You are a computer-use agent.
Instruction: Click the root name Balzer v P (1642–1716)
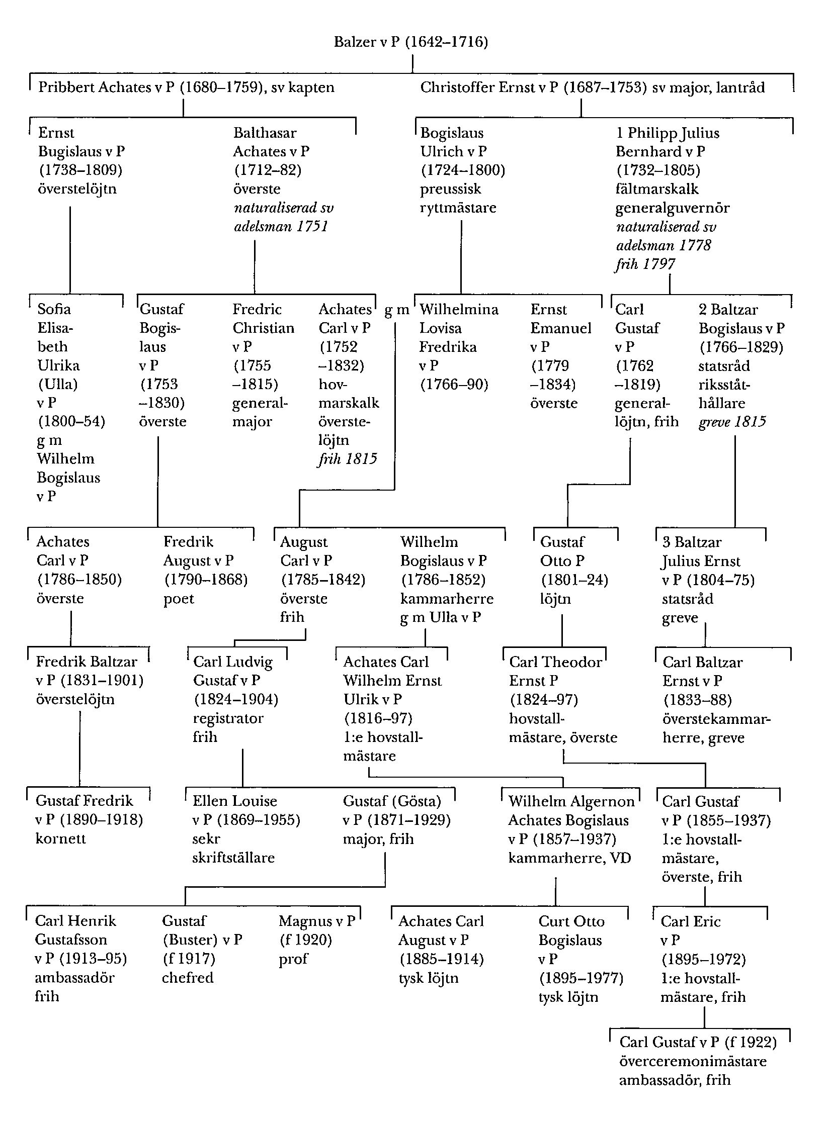(410, 42)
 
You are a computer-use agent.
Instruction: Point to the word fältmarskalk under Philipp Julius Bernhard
(657, 189)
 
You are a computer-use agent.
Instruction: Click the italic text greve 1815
(732, 421)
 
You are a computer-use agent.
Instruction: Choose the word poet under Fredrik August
(179, 599)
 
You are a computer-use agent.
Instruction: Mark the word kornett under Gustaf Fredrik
(60, 838)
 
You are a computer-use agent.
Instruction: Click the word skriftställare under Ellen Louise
(233, 858)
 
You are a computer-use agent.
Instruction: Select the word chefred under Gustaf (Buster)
(188, 978)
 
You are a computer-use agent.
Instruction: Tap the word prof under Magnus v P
(293, 959)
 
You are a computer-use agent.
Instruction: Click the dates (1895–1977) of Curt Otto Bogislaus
(581, 978)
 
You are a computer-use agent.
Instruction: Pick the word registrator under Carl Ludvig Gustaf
(228, 718)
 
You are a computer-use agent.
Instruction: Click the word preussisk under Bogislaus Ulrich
(451, 189)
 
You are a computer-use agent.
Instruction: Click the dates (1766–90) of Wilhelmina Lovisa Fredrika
(454, 385)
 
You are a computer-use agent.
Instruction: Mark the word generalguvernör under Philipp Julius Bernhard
(673, 208)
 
